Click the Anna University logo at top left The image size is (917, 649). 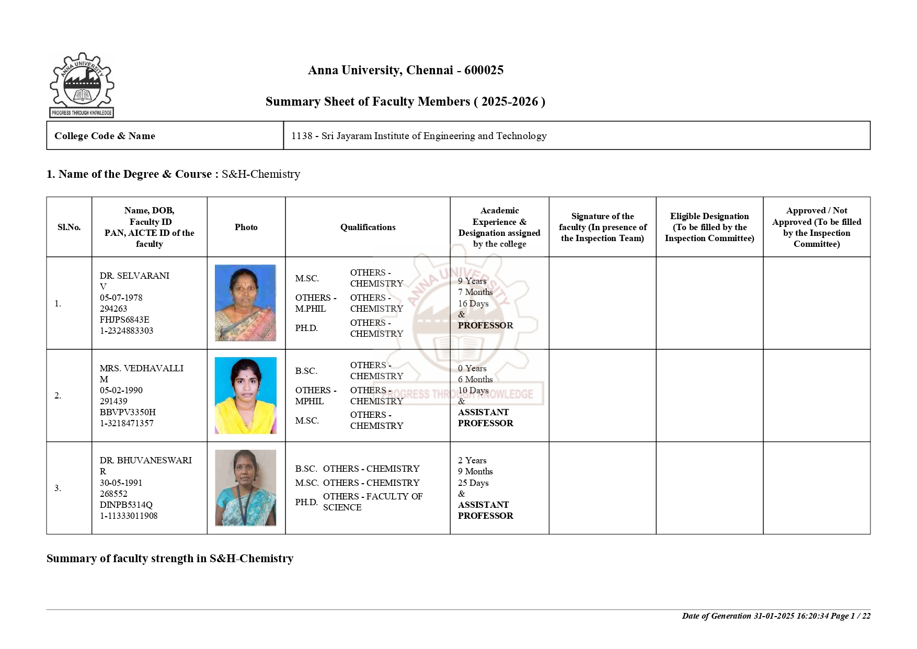(x=82, y=85)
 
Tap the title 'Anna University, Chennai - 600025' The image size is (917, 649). (x=406, y=70)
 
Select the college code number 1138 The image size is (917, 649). (x=302, y=136)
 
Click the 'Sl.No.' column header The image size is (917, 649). (x=69, y=227)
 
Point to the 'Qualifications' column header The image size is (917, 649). (x=368, y=227)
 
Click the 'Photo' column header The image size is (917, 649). (x=246, y=227)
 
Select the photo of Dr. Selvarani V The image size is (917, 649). (x=245, y=303)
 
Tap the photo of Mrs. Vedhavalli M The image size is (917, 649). (x=245, y=395)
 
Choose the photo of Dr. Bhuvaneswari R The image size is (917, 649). (x=245, y=487)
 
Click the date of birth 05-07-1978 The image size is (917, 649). (x=121, y=298)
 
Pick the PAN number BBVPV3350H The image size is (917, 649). (x=128, y=412)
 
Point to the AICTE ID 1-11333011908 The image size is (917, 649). (x=129, y=516)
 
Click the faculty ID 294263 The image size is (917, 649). (x=113, y=309)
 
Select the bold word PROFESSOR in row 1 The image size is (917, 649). (x=485, y=325)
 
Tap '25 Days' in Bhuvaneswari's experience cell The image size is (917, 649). (x=473, y=483)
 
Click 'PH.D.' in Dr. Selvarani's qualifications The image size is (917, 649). (x=306, y=328)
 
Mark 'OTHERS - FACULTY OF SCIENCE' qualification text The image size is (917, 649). (x=372, y=502)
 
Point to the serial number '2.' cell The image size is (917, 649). (x=58, y=395)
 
